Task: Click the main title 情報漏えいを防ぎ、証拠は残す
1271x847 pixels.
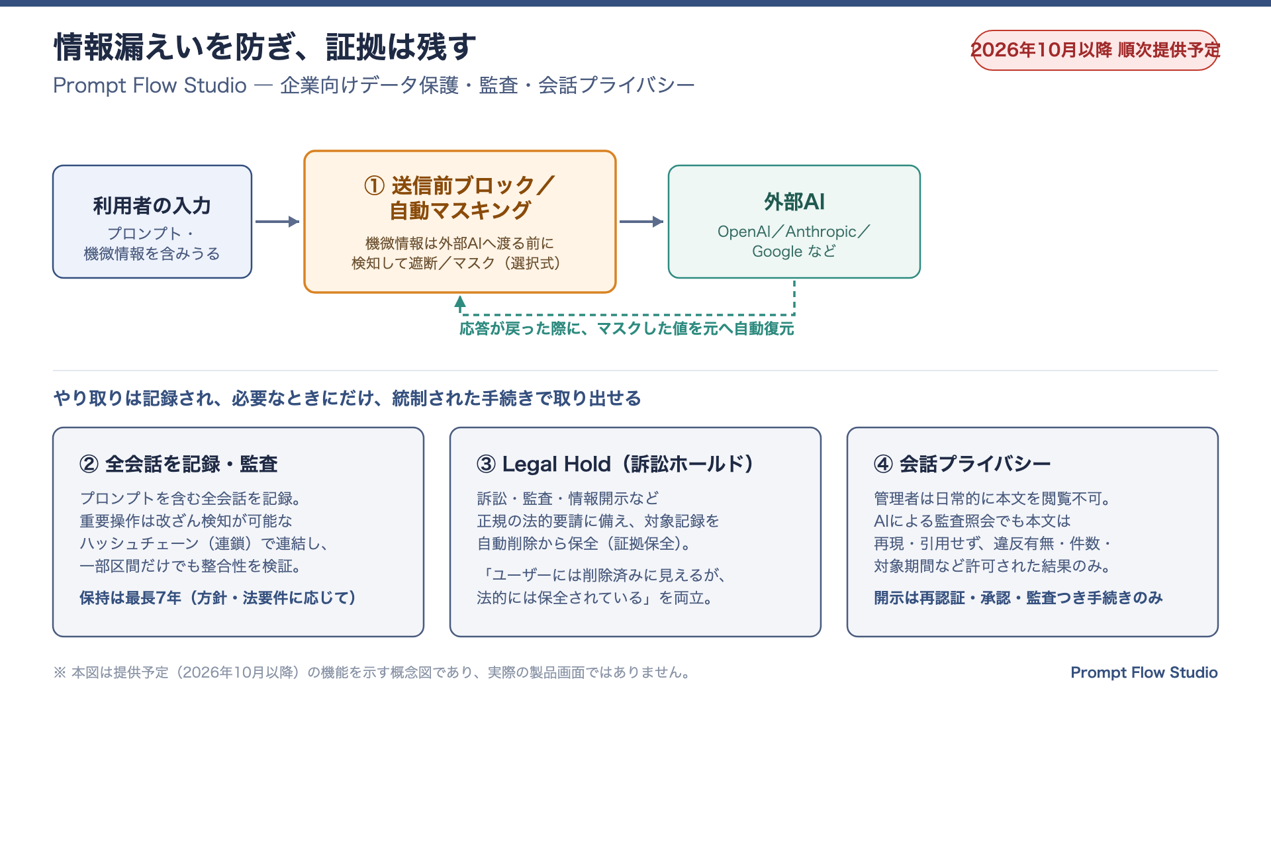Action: [x=265, y=48]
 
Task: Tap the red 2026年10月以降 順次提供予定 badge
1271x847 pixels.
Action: [x=1095, y=50]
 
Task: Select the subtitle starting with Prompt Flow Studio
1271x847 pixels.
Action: [x=374, y=85]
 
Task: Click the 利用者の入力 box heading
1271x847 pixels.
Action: [x=152, y=206]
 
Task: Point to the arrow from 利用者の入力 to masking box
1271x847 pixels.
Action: [x=277, y=222]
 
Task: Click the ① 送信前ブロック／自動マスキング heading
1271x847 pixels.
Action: [x=460, y=197]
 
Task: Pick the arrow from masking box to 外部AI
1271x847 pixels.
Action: [x=641, y=222]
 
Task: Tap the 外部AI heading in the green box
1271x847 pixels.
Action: [x=794, y=202]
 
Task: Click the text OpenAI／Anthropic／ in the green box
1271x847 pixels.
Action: [x=794, y=232]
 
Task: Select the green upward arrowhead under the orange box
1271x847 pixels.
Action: [x=460, y=302]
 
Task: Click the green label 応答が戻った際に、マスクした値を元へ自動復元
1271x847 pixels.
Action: [x=627, y=329]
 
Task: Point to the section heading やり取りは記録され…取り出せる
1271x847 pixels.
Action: [x=348, y=398]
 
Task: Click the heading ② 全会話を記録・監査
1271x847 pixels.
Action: [x=179, y=464]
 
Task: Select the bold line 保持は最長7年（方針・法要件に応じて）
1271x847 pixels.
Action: [x=218, y=598]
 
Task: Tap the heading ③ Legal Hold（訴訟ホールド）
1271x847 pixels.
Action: [x=615, y=464]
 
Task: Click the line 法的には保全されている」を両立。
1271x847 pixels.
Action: [x=594, y=598]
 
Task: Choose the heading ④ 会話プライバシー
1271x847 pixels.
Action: [x=963, y=464]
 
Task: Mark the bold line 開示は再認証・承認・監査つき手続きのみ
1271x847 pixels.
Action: [x=1018, y=598]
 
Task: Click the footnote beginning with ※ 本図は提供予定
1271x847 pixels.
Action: [x=373, y=672]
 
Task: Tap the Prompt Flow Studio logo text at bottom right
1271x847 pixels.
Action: [x=1145, y=672]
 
